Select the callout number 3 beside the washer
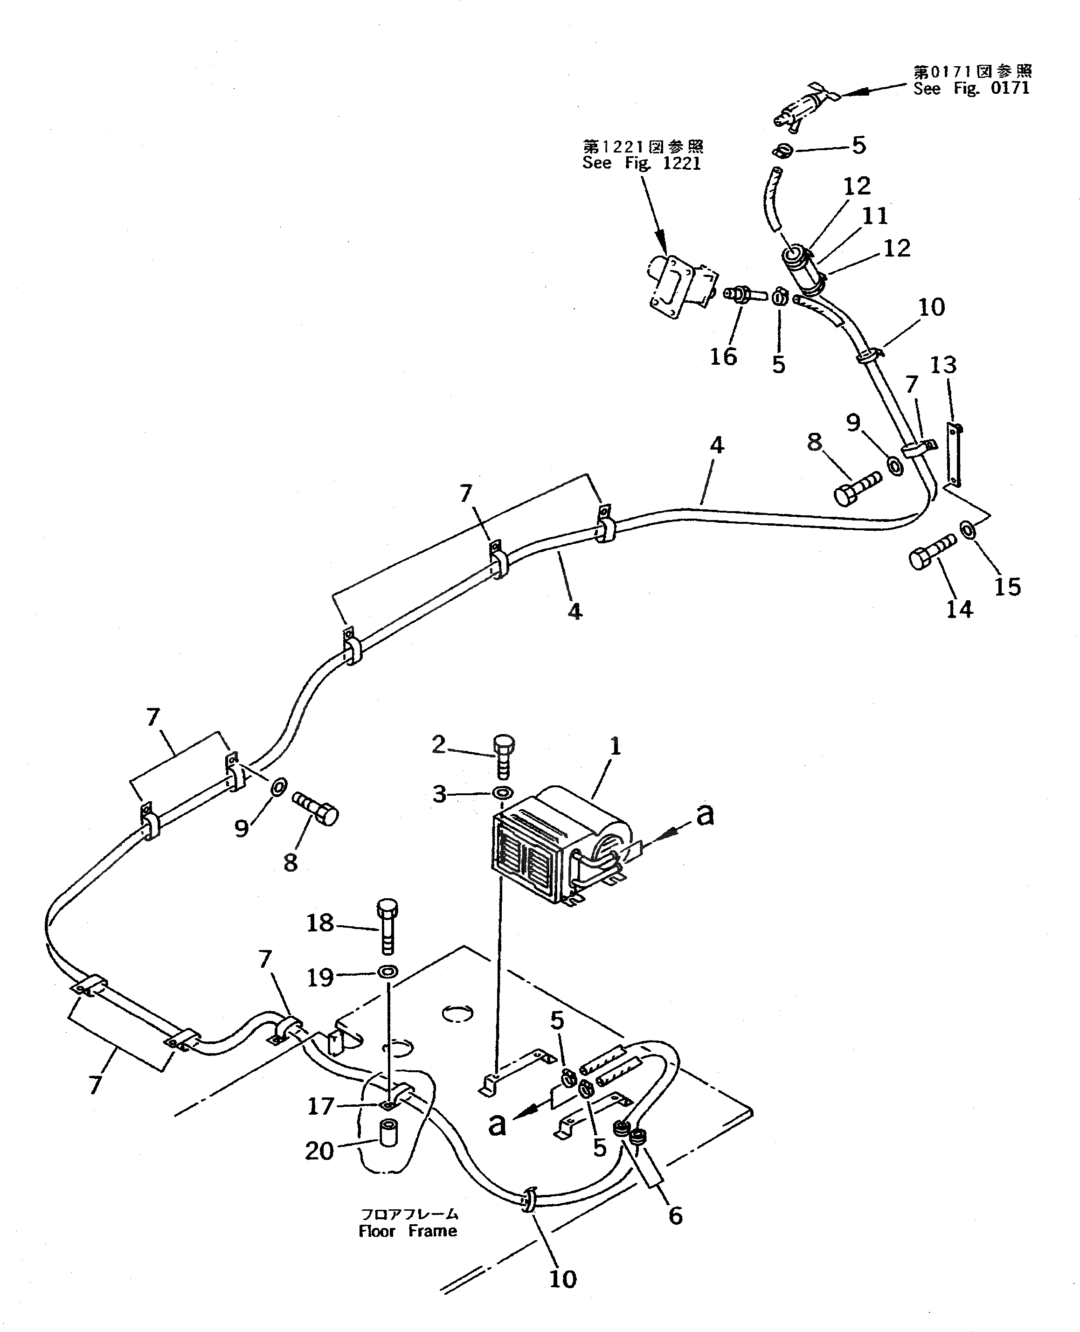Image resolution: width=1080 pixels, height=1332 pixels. pyautogui.click(x=440, y=794)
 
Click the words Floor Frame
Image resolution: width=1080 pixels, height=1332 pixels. pyautogui.click(x=408, y=1231)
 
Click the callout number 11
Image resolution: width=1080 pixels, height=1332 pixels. pyautogui.click(x=875, y=216)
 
